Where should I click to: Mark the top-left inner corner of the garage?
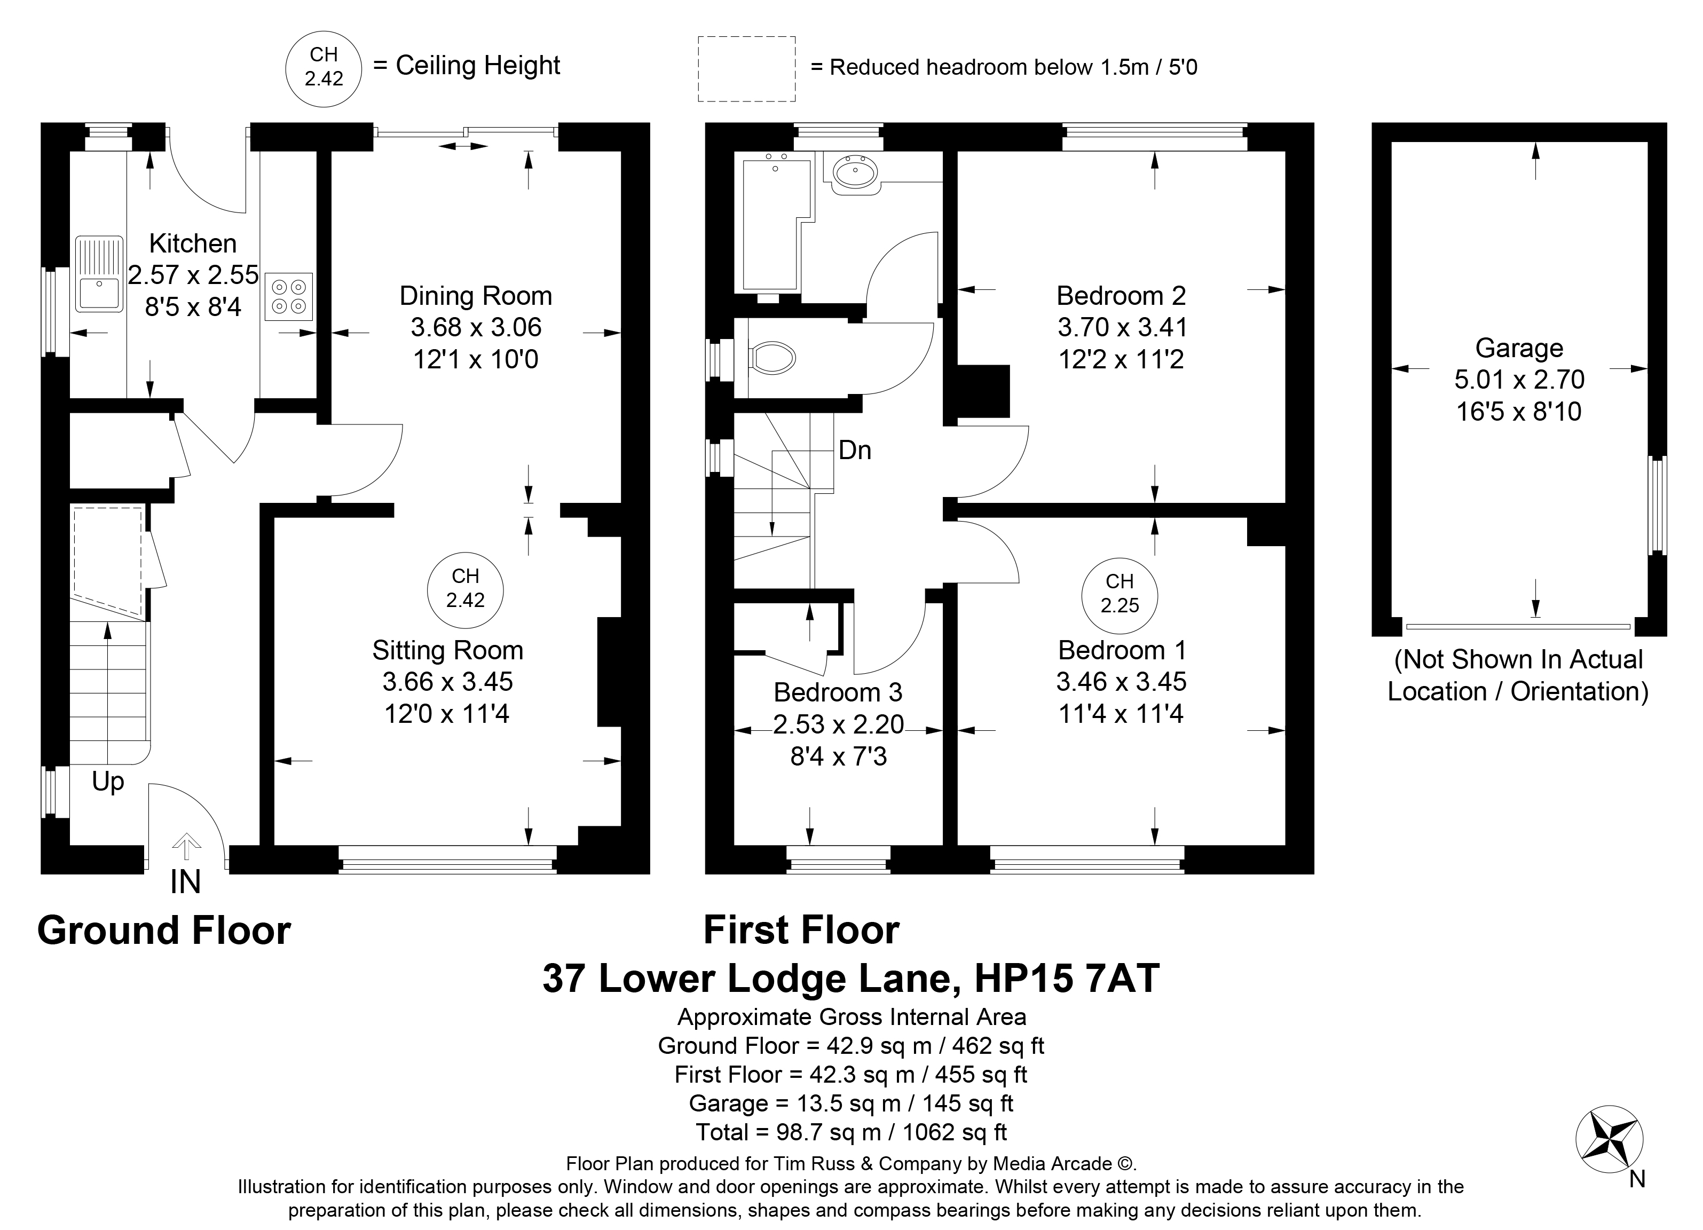coord(1392,142)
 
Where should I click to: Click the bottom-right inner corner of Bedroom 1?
coord(1286,846)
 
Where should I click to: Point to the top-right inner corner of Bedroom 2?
coord(1286,152)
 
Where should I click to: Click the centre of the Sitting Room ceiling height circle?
coord(466,591)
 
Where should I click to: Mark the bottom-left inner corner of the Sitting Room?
coord(275,846)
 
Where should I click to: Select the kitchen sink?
coord(99,274)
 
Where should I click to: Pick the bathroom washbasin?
coord(855,174)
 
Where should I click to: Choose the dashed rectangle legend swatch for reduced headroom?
coord(746,69)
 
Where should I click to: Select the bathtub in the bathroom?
coord(776,224)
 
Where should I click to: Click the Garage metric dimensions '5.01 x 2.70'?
coord(1519,379)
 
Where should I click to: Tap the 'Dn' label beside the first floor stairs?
coord(855,450)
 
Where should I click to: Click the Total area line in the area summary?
coord(851,1132)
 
